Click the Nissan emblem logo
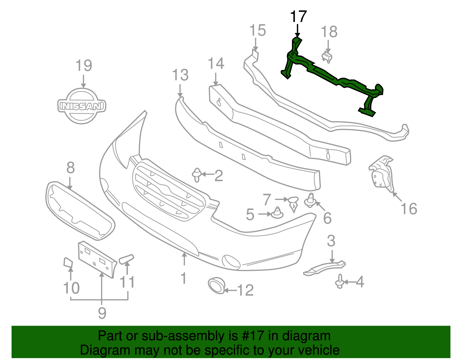[x=82, y=106]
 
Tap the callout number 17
[x=298, y=17]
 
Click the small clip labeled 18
[x=327, y=57]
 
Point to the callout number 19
[x=84, y=66]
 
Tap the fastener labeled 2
[x=197, y=175]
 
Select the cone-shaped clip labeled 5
[x=277, y=213]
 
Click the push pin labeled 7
[x=293, y=203]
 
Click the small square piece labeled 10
[x=68, y=262]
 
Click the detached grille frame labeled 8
[x=79, y=210]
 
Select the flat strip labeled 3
[x=325, y=268]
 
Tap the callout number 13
[x=180, y=75]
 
